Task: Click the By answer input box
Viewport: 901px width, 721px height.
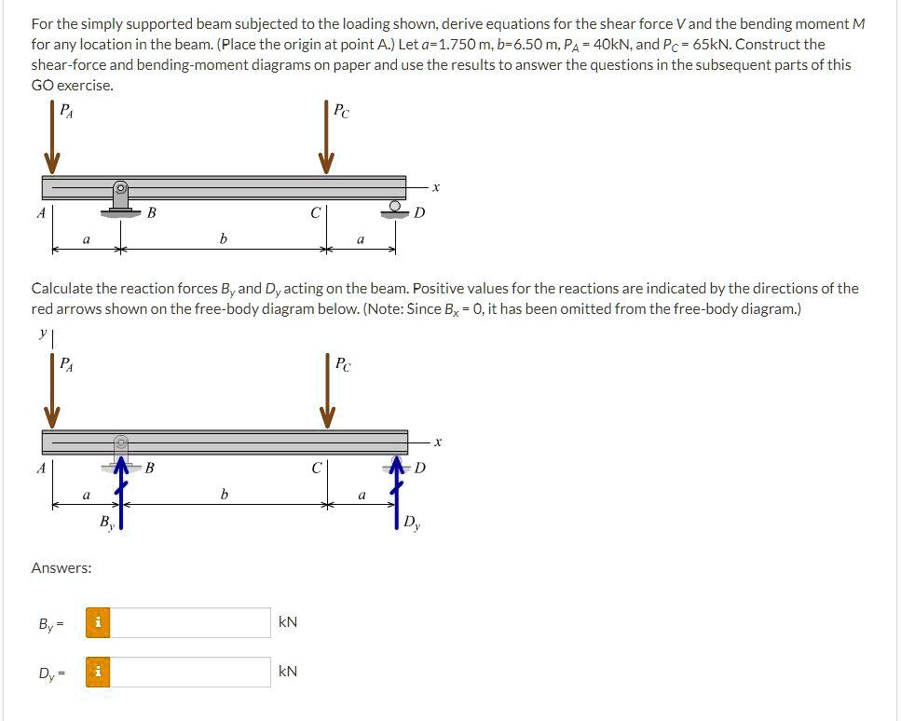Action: coord(190,622)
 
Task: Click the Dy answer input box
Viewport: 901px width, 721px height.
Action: coord(190,672)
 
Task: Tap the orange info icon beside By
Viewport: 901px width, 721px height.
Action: coord(98,622)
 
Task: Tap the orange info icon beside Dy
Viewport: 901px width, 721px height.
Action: coord(98,672)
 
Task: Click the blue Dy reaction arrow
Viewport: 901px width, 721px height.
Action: coord(396,494)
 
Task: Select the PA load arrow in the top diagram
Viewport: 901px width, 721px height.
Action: coord(52,140)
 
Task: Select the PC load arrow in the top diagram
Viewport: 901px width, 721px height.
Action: coord(326,140)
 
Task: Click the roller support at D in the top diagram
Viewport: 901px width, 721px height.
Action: coord(396,208)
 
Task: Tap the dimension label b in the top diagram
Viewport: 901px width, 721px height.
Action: coord(223,239)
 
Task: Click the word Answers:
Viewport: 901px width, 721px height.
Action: coord(61,567)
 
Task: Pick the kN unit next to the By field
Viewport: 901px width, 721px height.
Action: coord(288,622)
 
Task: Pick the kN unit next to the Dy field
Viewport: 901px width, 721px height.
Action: coord(288,672)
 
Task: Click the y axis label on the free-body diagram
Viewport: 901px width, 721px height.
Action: coord(43,333)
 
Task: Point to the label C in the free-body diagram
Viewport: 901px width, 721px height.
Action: coord(316,468)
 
